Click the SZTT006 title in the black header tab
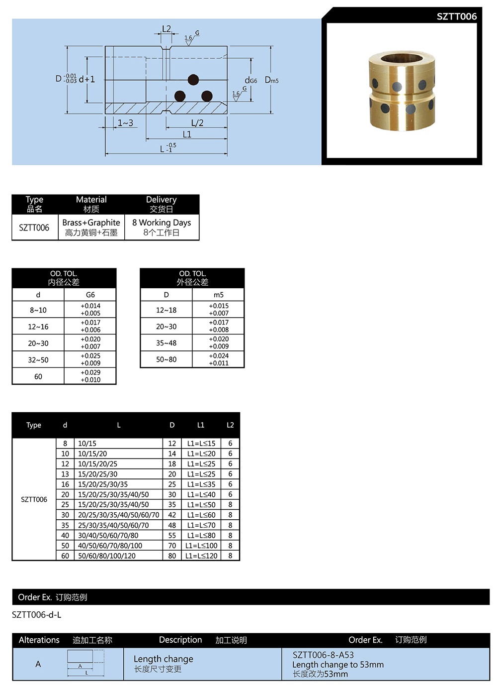[x=456, y=16]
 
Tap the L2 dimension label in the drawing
[x=166, y=29]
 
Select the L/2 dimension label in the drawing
[x=197, y=122]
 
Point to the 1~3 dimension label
[x=125, y=122]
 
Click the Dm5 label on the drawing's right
[x=271, y=80]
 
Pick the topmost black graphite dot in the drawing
[x=193, y=80]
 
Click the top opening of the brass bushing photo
[x=401, y=58]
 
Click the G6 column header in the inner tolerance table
[x=90, y=295]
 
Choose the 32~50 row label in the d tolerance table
[x=38, y=359]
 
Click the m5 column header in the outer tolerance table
[x=219, y=295]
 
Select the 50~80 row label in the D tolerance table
[x=166, y=359]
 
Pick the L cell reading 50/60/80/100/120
[x=107, y=556]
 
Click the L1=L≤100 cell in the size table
[x=201, y=546]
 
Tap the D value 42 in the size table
[x=172, y=515]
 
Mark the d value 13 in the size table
[x=65, y=474]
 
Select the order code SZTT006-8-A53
[x=323, y=655]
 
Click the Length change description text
[x=163, y=659]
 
